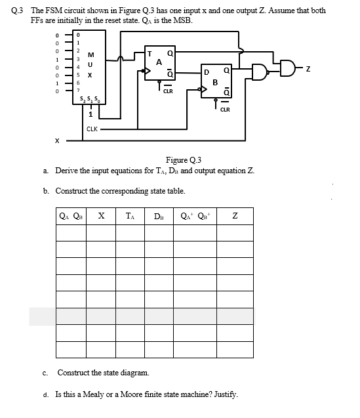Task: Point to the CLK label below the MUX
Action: point(92,129)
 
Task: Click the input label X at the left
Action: point(58,140)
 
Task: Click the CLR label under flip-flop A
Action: point(168,92)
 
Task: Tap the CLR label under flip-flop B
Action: point(224,110)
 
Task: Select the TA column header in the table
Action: point(130,215)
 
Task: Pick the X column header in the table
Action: point(101,215)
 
